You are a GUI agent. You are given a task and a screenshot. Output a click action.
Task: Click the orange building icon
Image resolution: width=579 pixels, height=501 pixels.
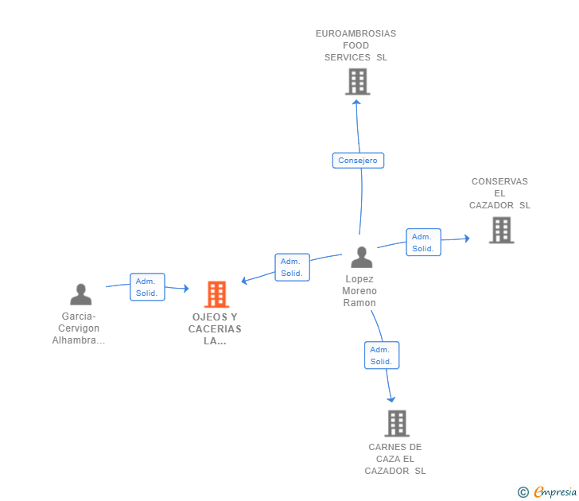[x=217, y=294]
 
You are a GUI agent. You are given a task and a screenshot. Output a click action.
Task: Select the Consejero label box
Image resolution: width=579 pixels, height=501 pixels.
[x=358, y=160]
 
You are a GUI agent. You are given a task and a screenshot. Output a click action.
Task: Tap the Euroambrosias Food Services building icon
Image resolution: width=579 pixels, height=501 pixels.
[x=357, y=82]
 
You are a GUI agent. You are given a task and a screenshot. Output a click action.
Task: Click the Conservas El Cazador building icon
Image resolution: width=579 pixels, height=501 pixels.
[x=501, y=230]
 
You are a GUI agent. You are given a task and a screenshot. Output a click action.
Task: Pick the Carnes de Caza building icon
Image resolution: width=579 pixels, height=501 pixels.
[x=397, y=424]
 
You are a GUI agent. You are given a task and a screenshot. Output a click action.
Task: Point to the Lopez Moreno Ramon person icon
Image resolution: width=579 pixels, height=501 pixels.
[x=362, y=257]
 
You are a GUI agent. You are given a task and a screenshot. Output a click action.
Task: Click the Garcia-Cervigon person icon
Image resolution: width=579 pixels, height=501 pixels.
[x=81, y=294]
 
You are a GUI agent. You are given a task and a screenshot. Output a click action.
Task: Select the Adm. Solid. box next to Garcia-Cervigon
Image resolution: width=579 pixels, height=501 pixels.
[x=147, y=287]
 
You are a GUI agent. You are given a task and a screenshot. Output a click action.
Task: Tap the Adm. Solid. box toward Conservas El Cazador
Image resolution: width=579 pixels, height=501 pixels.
[x=424, y=243]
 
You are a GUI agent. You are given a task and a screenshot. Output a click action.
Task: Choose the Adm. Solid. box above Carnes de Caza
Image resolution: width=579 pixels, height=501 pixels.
[x=382, y=355]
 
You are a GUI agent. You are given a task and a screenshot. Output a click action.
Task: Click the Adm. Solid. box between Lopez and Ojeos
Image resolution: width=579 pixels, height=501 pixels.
[x=292, y=267]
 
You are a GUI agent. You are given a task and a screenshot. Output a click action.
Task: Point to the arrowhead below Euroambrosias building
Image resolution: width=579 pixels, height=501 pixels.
[x=356, y=103]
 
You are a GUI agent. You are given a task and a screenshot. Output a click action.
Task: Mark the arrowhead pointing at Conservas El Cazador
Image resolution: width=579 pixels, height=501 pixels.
[x=467, y=239]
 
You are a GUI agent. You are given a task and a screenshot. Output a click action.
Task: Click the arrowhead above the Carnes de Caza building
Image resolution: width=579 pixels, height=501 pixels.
[x=391, y=399]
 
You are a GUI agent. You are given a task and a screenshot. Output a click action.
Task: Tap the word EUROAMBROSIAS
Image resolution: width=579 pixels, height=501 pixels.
[x=356, y=33]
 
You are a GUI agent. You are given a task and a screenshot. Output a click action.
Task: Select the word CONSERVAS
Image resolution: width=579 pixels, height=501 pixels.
[x=499, y=181]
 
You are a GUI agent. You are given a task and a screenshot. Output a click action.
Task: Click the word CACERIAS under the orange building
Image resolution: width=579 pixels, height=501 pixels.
[x=215, y=329]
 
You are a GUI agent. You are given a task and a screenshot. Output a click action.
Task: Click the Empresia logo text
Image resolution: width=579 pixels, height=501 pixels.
[x=555, y=491]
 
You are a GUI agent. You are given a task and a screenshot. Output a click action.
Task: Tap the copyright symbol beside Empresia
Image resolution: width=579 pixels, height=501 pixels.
[x=523, y=492]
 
